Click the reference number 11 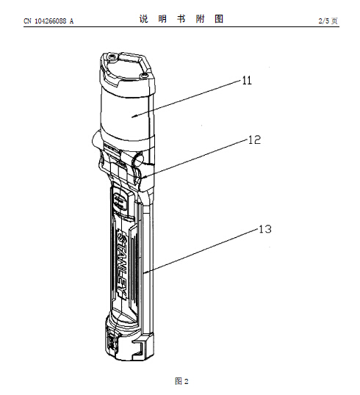tap(247, 81)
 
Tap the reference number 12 tap(254, 139)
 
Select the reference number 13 tap(265, 229)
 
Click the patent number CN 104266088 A tap(48, 21)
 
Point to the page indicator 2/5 tap(324, 21)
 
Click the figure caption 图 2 tap(181, 381)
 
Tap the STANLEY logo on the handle tap(122, 264)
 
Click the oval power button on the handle tap(120, 202)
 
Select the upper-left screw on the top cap tap(111, 58)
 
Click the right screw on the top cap tap(144, 75)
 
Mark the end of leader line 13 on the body tap(144, 272)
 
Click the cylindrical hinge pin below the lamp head tap(138, 160)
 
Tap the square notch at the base tap(138, 348)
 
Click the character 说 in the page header tap(144, 19)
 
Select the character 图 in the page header tap(219, 19)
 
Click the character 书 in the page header tap(181, 19)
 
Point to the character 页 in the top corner tap(334, 21)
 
